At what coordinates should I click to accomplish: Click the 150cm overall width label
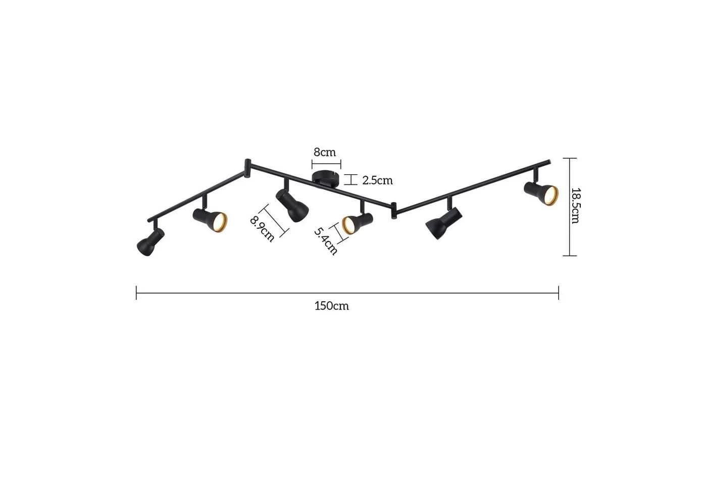tap(332, 306)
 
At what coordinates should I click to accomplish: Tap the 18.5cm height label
tap(575, 206)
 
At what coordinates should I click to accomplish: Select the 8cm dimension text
tap(324, 152)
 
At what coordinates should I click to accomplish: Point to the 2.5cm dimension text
tap(378, 181)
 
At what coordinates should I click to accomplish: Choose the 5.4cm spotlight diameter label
tap(326, 241)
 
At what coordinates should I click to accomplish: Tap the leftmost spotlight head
tap(150, 241)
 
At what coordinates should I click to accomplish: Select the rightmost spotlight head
tap(541, 193)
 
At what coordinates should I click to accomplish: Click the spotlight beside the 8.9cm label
tap(292, 205)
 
